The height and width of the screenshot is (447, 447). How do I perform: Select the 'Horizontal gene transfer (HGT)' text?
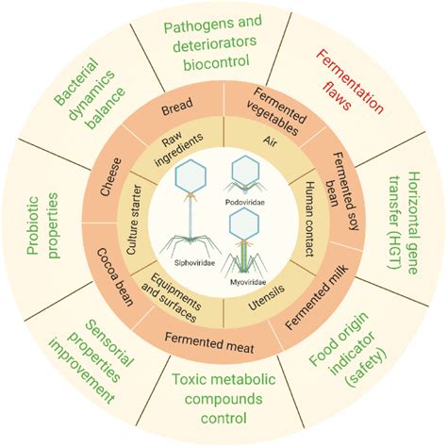[x=405, y=223]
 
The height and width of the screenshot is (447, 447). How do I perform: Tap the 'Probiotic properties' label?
[x=42, y=225]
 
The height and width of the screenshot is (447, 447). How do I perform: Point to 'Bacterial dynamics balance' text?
[x=90, y=93]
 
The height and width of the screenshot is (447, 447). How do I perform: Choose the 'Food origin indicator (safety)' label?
[x=349, y=349]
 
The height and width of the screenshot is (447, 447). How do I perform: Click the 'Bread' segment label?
[x=177, y=107]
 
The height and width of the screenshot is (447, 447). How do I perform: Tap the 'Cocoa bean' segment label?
[x=115, y=277]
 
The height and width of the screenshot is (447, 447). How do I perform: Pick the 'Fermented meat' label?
[x=209, y=342]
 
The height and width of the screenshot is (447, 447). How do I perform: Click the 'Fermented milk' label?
[x=317, y=297]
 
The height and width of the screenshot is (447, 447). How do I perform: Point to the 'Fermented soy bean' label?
[x=342, y=191]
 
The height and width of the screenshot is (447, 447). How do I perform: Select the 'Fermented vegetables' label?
[x=276, y=112]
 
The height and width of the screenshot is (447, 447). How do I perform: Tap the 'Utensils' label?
[x=266, y=297]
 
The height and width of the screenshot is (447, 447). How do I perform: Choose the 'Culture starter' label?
[x=135, y=220]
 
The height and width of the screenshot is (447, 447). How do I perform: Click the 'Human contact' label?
[x=310, y=219]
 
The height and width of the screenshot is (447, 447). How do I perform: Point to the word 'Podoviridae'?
[x=245, y=202]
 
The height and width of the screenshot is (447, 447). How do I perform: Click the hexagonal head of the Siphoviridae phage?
[x=190, y=176]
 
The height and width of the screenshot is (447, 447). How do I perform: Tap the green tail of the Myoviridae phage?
[x=244, y=257]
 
